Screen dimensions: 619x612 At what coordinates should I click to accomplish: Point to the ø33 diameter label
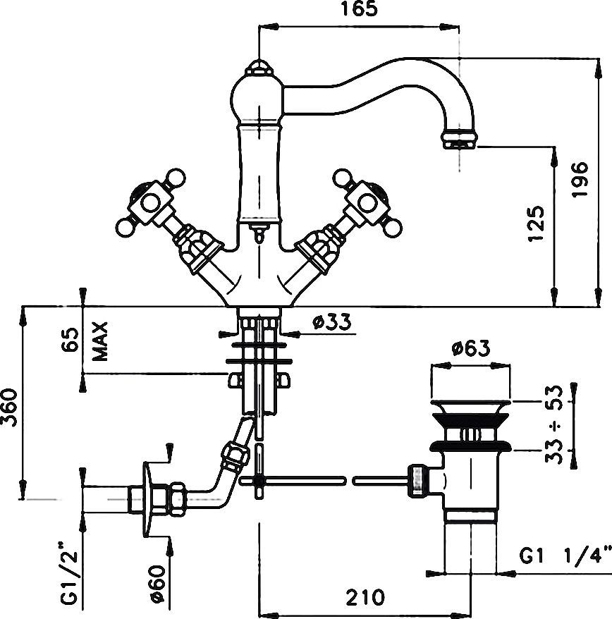coord(330,322)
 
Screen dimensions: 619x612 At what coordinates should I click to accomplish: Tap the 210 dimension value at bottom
coord(365,597)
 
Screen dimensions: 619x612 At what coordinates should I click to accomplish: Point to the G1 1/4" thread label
coord(563,557)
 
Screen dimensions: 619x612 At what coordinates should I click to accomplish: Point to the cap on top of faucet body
coord(259,69)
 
